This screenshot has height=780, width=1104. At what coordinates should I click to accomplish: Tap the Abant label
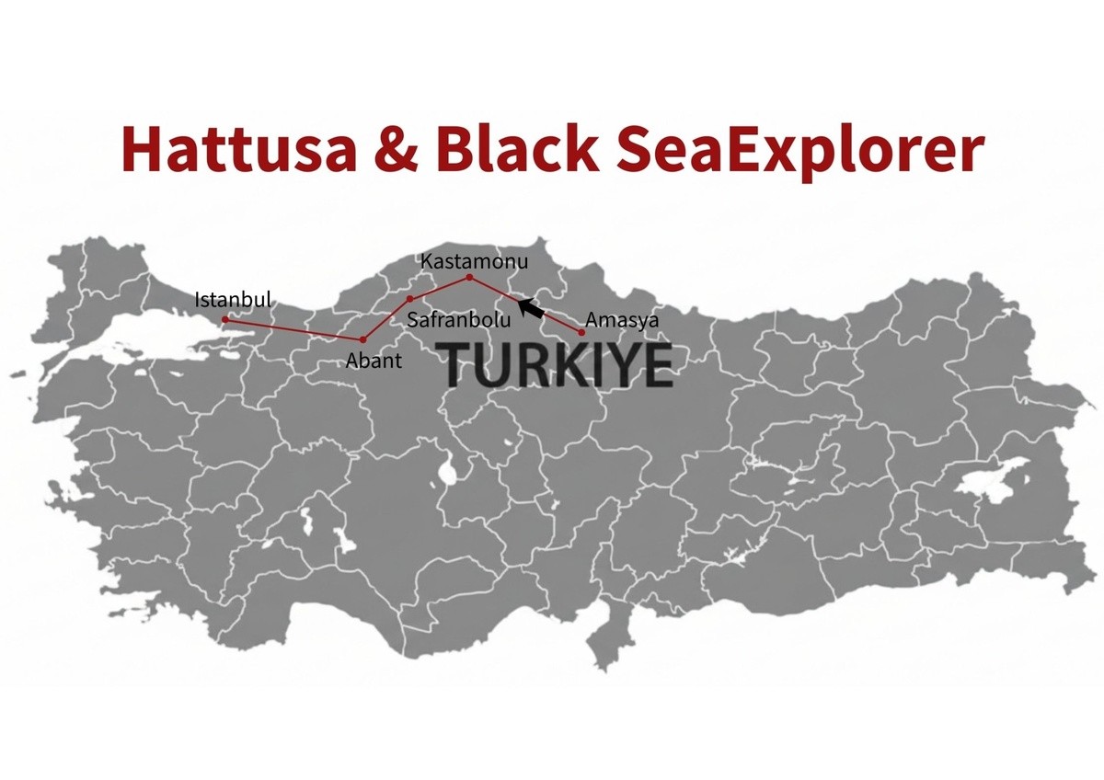coord(374,361)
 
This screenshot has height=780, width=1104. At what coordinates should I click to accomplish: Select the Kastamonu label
coord(475,260)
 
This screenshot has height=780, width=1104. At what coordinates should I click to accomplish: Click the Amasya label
coord(622,321)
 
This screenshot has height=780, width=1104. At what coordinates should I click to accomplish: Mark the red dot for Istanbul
coord(225,319)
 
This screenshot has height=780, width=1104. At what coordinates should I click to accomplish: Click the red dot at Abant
coord(363,339)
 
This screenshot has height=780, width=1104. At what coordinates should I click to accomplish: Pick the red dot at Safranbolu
coord(409,299)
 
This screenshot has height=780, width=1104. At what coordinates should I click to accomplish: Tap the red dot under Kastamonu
coord(469,277)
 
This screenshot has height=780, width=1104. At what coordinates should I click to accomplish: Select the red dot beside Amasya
coord(581,332)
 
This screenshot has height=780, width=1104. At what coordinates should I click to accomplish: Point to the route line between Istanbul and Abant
coord(294,329)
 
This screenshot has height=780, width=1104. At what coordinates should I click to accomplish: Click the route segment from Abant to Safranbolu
coord(386,319)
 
